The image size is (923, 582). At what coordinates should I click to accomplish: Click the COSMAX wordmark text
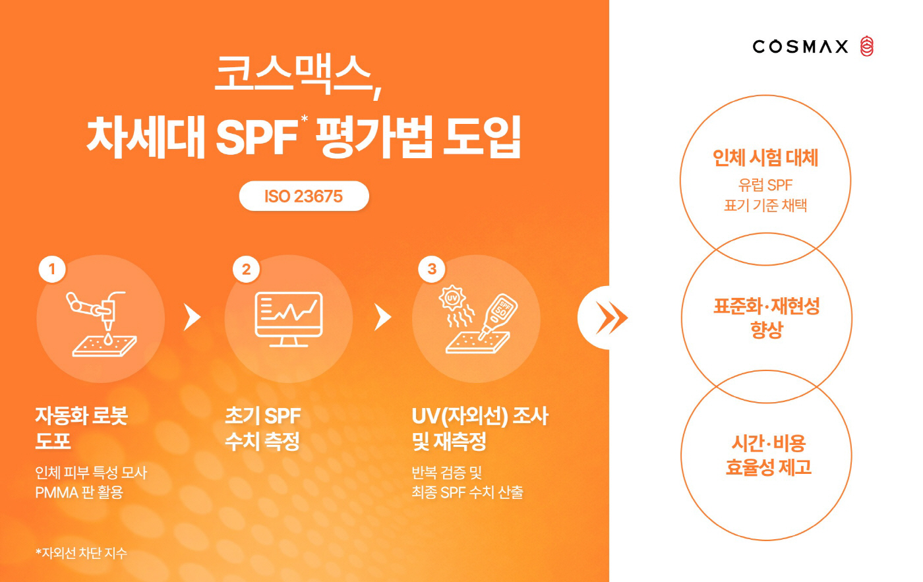800,46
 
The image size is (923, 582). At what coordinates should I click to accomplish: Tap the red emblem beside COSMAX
867,46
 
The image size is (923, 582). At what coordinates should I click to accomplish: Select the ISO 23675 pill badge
304,196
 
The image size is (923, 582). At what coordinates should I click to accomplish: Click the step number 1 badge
52,269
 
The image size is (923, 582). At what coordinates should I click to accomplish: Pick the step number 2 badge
246,269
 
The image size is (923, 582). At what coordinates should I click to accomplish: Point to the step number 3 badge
432,269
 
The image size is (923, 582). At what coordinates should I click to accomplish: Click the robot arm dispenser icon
102,323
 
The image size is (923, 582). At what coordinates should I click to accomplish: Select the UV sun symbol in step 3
452,298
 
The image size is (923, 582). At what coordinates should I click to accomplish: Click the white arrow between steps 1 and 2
191,317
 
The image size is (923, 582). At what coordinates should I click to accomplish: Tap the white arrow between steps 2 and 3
382,317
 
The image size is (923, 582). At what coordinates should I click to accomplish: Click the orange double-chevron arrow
611,318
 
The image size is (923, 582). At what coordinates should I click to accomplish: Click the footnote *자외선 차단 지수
81,553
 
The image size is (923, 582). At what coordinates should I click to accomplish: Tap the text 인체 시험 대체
765,158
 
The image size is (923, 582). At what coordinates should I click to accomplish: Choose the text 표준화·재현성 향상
766,318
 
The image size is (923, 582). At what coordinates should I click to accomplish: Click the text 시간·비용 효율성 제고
768,455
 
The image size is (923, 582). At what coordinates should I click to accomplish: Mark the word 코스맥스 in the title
293,74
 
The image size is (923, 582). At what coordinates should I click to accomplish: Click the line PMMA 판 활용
79,492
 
